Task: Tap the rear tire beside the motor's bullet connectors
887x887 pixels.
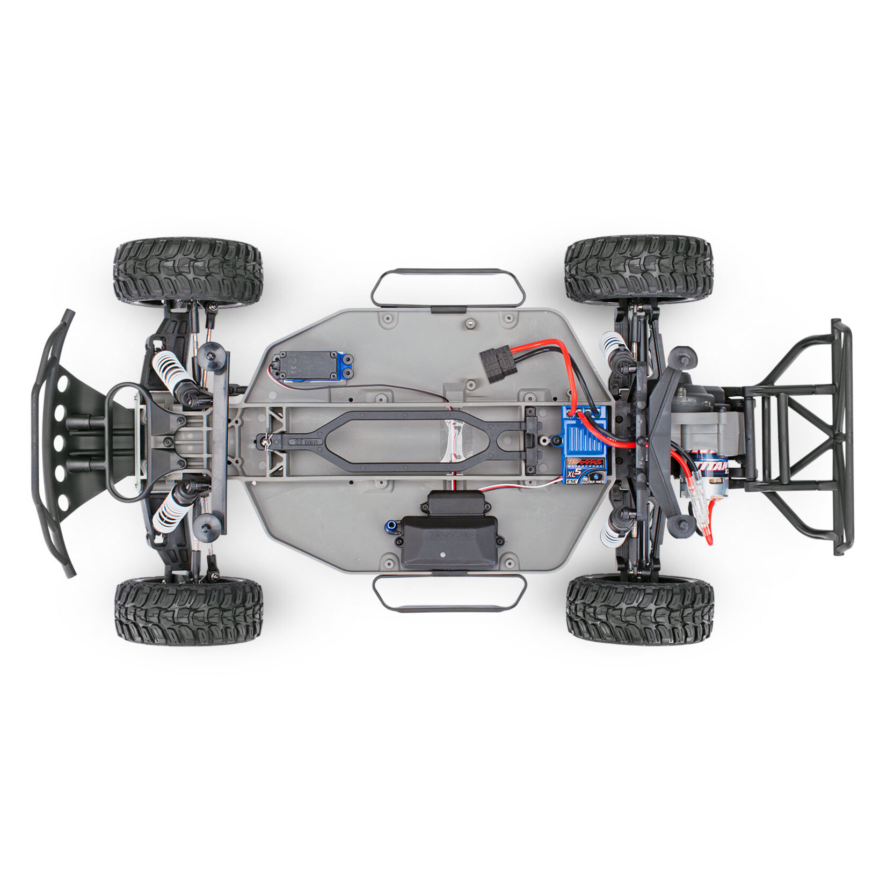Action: coord(639,606)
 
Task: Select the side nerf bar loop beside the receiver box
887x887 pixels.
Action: coord(449,593)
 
